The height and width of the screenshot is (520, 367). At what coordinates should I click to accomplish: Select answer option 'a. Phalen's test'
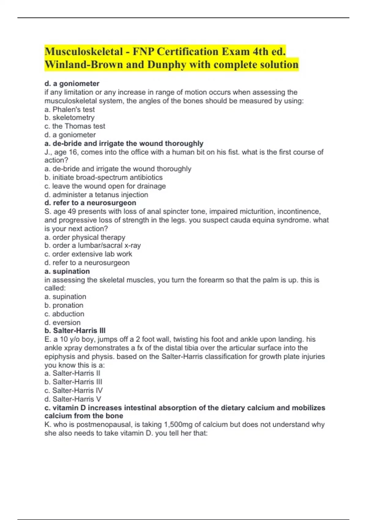69,109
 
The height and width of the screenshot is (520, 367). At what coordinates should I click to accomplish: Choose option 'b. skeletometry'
69,117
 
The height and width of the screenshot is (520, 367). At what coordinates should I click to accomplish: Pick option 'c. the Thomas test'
75,126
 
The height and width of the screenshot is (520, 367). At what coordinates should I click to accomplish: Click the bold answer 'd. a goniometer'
72,84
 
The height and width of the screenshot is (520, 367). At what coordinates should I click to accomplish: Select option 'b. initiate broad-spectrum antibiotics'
103,177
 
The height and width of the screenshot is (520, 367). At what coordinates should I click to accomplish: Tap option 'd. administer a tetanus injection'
96,195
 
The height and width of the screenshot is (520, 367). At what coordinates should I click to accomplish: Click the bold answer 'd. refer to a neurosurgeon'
90,203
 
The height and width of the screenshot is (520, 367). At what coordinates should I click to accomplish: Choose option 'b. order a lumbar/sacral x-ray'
92,245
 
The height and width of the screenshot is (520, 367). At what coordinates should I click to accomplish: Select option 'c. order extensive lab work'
88,254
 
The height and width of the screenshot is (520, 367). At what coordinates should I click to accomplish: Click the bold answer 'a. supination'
67,271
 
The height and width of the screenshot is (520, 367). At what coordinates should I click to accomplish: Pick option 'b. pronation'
64,305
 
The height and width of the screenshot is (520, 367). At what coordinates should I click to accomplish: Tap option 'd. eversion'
62,322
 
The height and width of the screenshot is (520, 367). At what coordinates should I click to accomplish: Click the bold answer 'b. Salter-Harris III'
75,331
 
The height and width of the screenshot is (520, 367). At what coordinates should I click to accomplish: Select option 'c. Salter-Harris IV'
73,390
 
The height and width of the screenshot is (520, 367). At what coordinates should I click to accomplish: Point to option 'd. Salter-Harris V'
72,399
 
